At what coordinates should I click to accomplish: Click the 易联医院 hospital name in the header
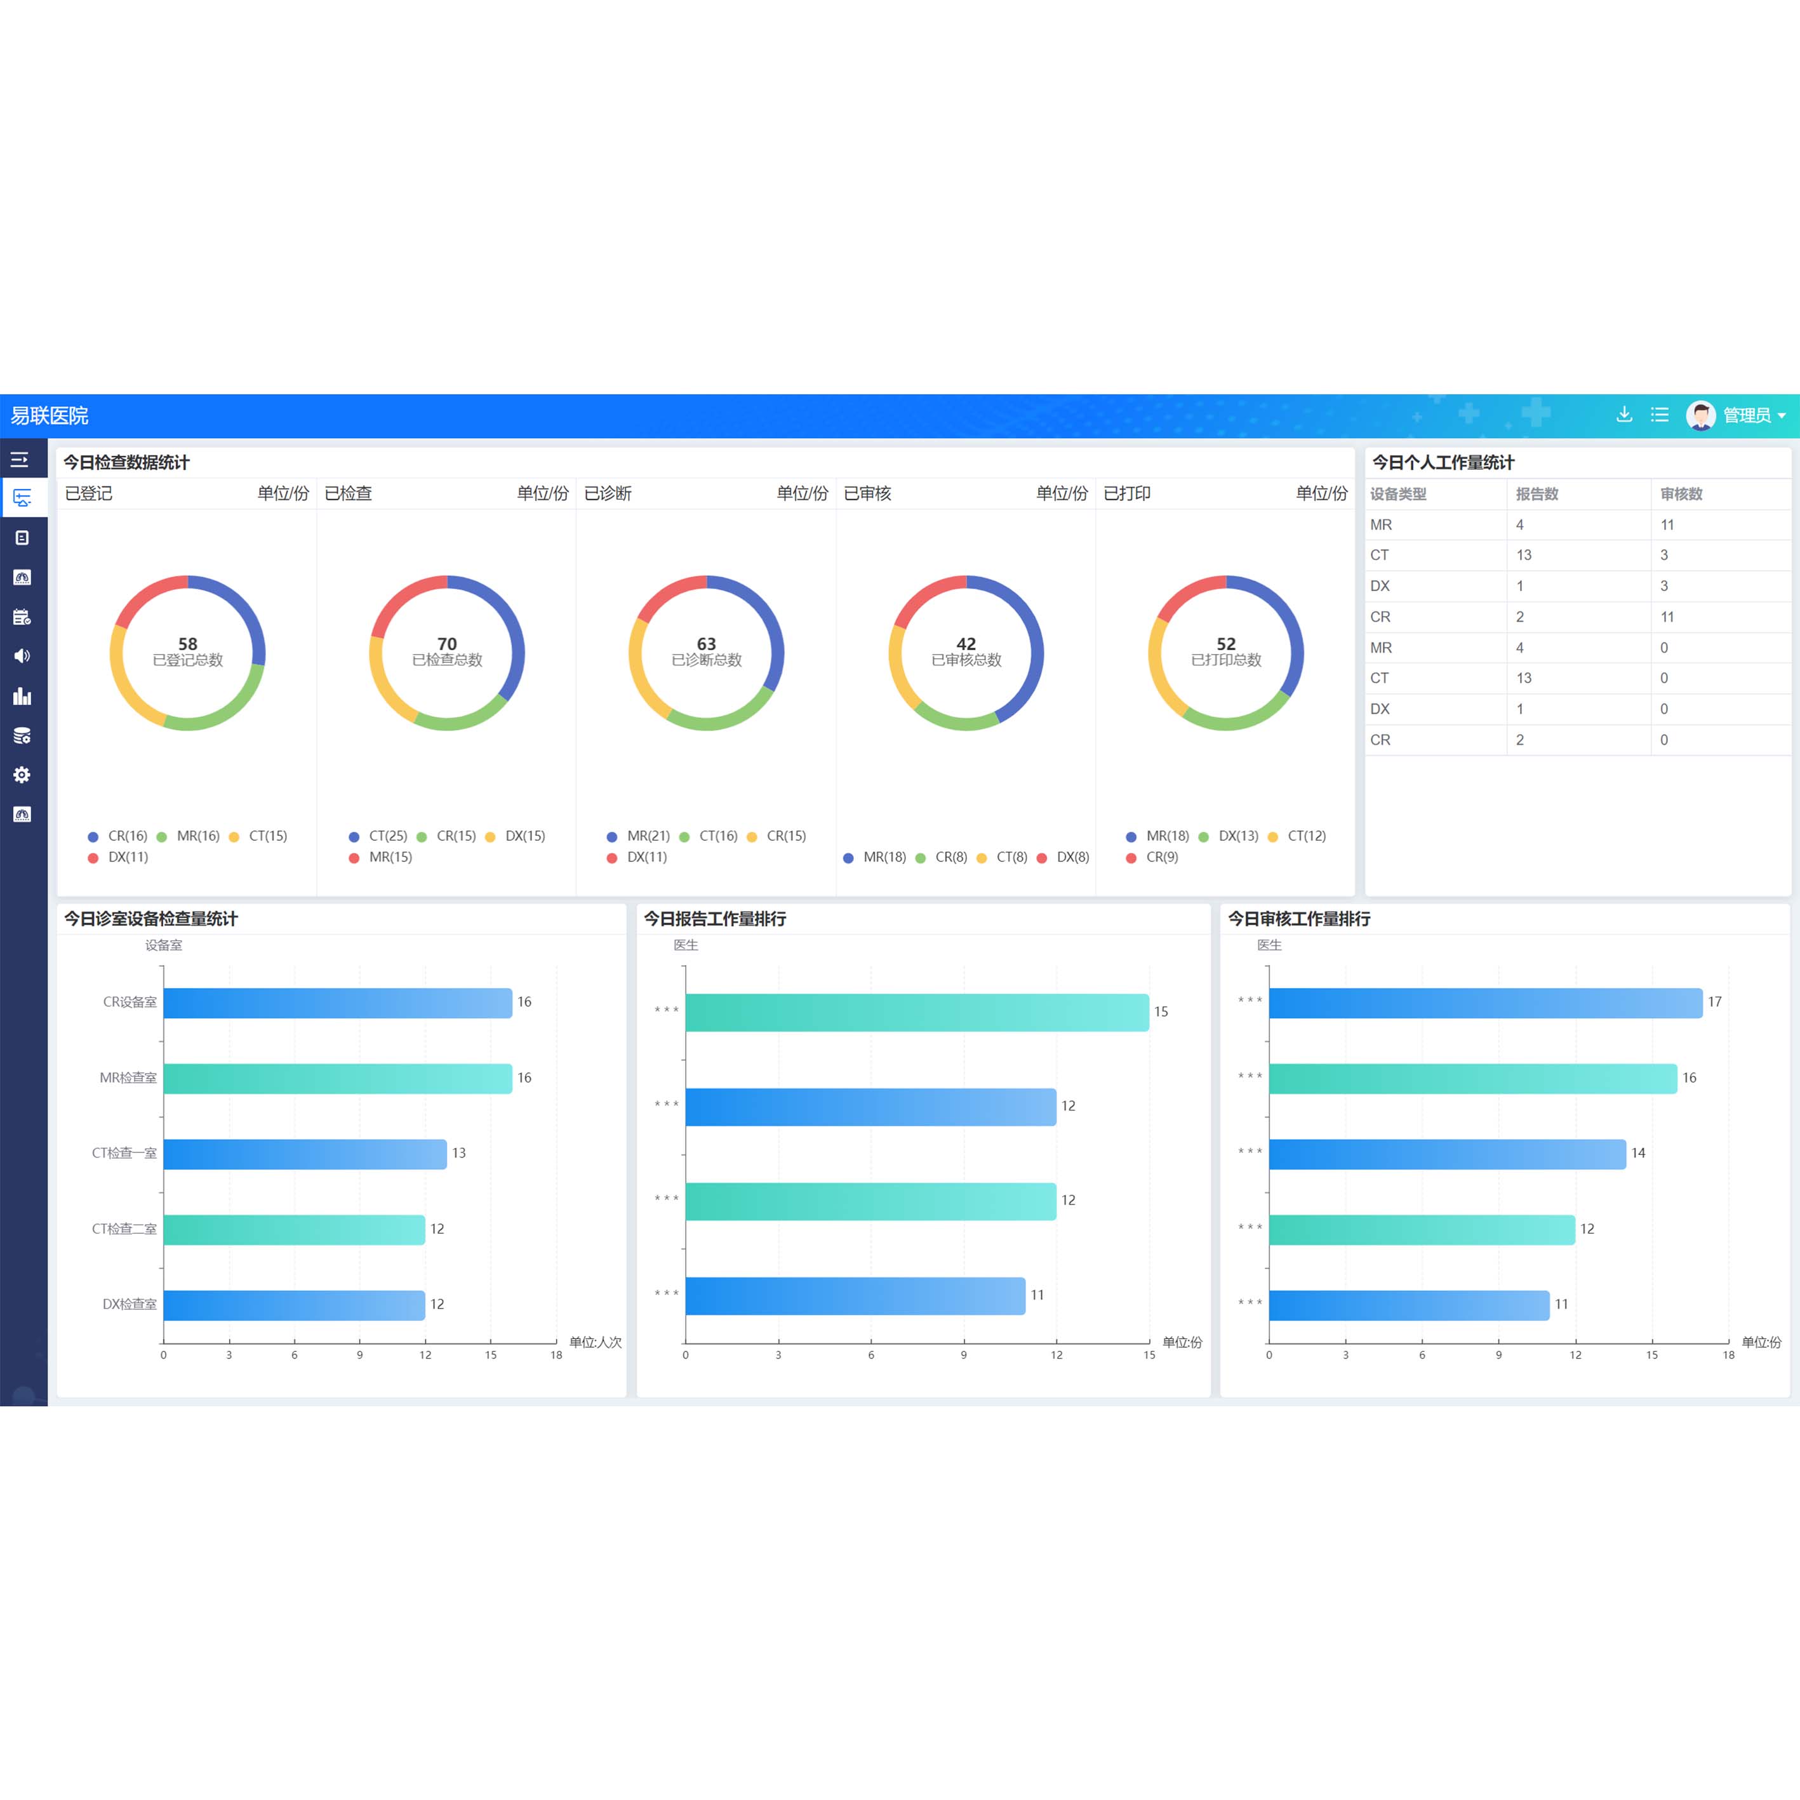50,415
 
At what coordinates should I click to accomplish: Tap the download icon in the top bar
1624,415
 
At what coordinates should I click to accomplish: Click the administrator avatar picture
1700,415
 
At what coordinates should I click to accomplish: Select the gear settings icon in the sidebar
22,775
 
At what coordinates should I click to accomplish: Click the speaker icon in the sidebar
22,656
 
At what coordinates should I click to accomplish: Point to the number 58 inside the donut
187,644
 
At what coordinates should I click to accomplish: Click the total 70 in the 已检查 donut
447,644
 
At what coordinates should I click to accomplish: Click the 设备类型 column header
1397,494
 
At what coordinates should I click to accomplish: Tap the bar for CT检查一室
305,1154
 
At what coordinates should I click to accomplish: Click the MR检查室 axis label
128,1078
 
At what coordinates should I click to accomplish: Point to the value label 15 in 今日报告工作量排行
1161,1012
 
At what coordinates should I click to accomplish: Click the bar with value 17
1485,1003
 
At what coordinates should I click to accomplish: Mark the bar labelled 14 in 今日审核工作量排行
1447,1154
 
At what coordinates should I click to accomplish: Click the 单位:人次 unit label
596,1343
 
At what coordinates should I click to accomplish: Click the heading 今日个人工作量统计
1443,463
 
